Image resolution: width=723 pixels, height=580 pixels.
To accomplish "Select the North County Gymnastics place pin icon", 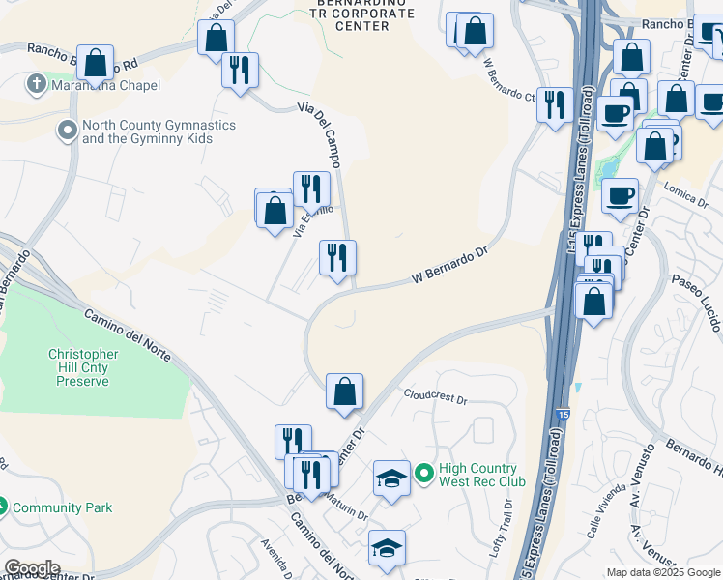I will [x=68, y=130].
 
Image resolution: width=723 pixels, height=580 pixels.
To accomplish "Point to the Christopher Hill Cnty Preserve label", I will [x=84, y=367].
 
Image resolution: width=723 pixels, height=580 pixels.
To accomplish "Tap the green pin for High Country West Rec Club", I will [x=423, y=474].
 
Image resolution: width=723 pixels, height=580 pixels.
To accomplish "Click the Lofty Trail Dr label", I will [x=507, y=517].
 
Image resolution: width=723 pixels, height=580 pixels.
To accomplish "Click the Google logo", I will [x=32, y=567].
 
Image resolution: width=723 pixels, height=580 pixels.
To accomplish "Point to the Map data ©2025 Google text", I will [x=663, y=572].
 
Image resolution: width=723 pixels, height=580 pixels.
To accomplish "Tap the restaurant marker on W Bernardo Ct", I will [x=554, y=103].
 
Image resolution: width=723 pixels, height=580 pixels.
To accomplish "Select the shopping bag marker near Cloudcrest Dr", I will [x=344, y=391].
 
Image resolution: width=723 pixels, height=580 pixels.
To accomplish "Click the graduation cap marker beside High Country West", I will [x=391, y=478].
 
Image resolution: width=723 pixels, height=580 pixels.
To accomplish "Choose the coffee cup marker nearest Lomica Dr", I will [x=620, y=195].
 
